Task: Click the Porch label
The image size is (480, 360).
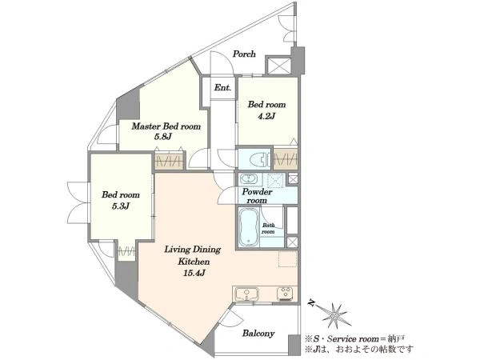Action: (x=244, y=54)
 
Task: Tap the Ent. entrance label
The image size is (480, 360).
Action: (x=222, y=87)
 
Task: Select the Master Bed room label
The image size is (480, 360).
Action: (x=166, y=126)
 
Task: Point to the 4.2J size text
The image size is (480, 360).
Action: (x=266, y=116)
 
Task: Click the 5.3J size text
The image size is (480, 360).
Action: (x=121, y=206)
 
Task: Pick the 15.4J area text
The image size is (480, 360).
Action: (x=194, y=273)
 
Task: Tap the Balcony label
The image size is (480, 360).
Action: (x=258, y=334)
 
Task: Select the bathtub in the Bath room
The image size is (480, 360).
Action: (x=249, y=227)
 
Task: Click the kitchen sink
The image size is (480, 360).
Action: (x=246, y=294)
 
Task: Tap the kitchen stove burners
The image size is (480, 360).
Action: (x=286, y=294)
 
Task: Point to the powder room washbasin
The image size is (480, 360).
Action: (x=250, y=178)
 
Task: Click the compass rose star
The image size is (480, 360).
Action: (x=335, y=315)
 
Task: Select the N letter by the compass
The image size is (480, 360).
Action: (x=312, y=302)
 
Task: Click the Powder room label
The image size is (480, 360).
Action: (x=257, y=196)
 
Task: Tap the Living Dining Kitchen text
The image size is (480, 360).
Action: (x=193, y=255)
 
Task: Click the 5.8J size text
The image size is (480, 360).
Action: (x=162, y=137)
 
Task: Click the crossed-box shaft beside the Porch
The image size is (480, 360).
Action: (x=278, y=66)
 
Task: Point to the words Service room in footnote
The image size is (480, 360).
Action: (x=353, y=339)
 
